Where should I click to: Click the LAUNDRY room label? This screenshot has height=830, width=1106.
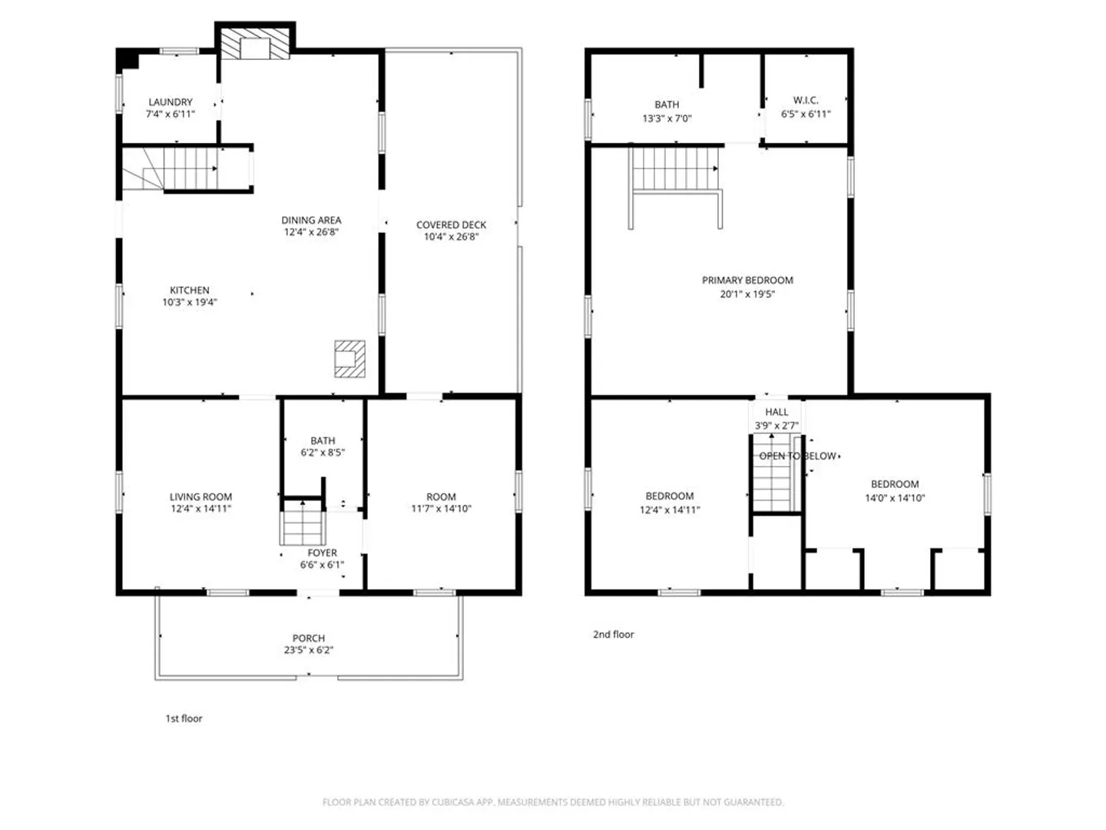coord(171,101)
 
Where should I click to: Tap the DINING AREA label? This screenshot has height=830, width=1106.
coord(311,221)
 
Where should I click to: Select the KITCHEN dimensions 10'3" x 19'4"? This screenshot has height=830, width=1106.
coord(190,302)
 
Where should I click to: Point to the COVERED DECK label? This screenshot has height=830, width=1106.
coord(451,224)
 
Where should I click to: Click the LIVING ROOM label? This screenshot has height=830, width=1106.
coord(200,497)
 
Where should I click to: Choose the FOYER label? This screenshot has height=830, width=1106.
coord(322,553)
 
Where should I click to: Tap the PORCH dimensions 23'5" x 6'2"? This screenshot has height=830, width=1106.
coord(308,650)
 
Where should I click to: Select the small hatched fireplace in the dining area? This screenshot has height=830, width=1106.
coord(349,359)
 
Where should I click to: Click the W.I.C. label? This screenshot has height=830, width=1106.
coord(806,100)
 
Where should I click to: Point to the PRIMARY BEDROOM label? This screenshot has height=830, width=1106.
coord(747,281)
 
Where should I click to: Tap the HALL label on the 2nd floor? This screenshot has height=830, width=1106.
coord(777,412)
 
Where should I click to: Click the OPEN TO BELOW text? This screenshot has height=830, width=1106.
coord(798,456)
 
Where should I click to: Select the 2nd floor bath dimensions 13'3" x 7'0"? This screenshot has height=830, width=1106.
coord(667,118)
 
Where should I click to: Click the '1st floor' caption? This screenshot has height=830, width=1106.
coord(184,719)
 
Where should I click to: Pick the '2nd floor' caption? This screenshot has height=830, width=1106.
coord(613,635)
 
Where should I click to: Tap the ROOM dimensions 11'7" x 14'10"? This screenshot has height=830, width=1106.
coord(441,509)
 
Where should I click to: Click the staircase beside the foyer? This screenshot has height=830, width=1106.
coord(303,523)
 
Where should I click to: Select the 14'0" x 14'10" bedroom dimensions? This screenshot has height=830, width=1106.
coord(895,498)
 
